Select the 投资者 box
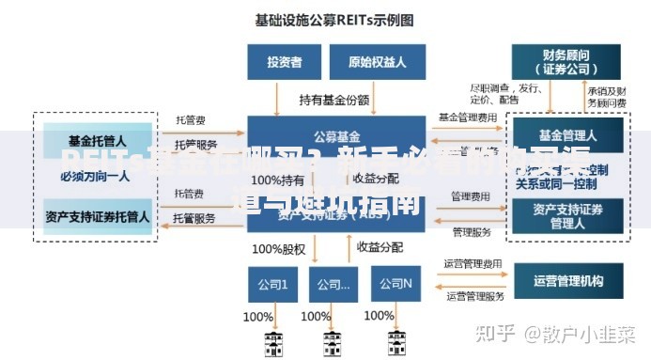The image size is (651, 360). [285, 62]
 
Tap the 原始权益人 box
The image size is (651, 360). [376, 62]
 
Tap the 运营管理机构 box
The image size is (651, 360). [567, 280]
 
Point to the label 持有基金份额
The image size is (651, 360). [333, 99]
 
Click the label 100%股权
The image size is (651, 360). [279, 249]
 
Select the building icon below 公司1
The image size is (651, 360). [272, 342]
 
